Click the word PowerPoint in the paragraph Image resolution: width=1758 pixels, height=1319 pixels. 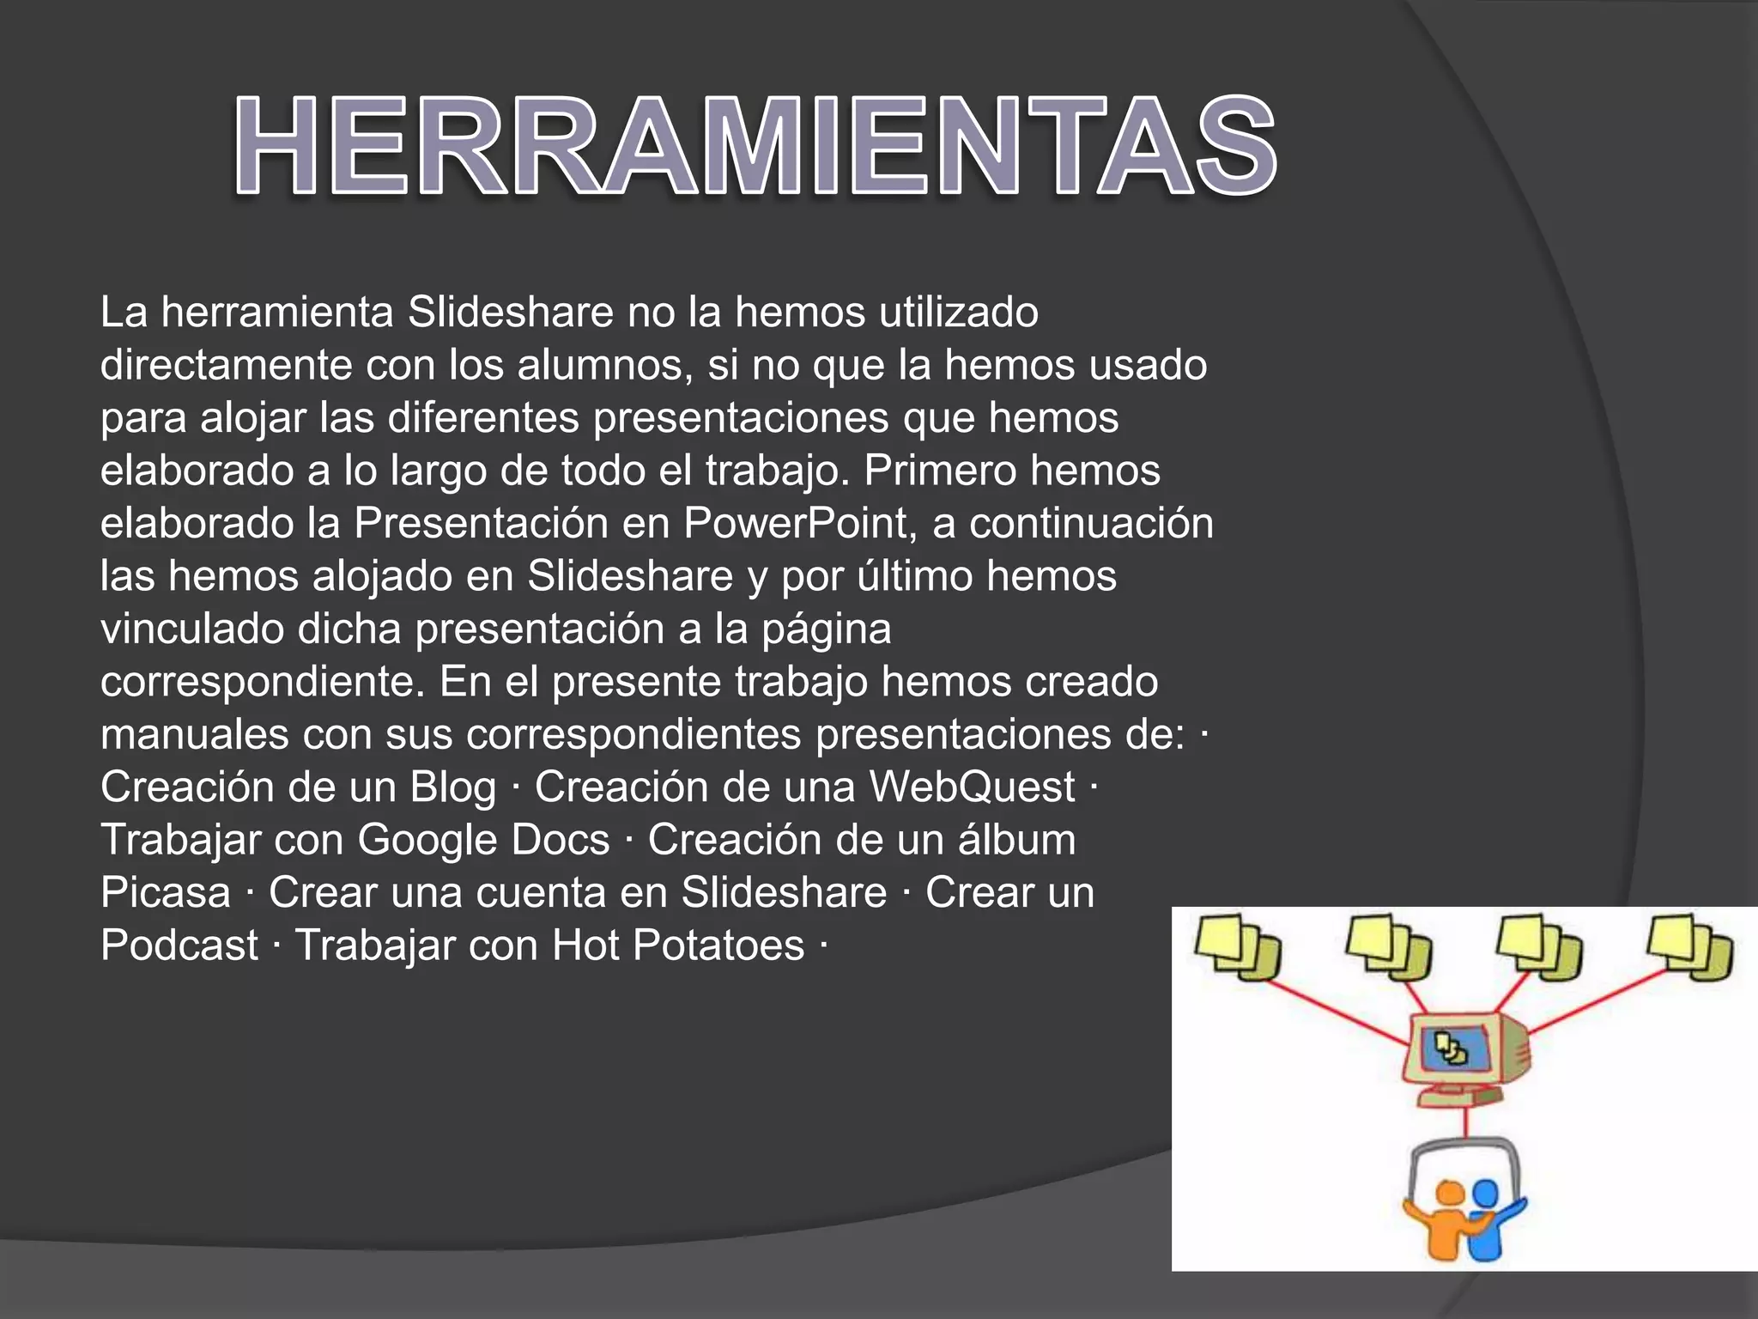click(x=796, y=523)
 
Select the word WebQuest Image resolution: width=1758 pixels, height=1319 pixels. click(x=972, y=787)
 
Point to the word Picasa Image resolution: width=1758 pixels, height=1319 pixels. click(x=166, y=893)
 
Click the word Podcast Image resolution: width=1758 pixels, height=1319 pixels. click(x=179, y=945)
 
